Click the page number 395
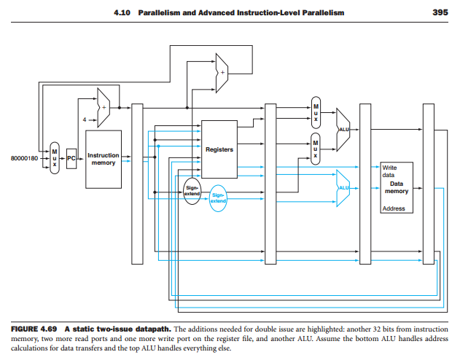click(440, 13)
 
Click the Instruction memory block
click(103, 159)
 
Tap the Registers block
click(219, 149)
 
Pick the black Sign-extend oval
click(192, 191)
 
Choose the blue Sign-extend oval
click(219, 197)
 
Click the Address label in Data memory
click(393, 208)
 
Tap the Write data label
click(389, 172)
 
